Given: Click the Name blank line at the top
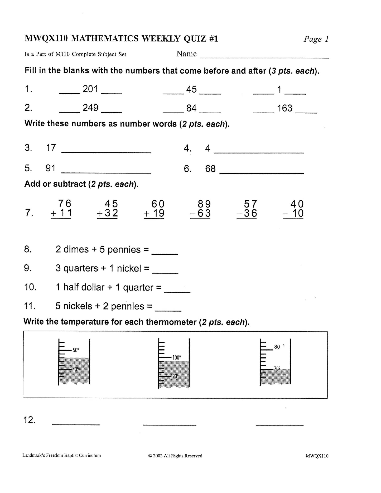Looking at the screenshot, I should tap(265, 57).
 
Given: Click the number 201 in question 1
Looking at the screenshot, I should tap(90, 89).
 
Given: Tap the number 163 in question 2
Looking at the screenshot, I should tap(285, 108).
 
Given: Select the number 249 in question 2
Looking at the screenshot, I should tap(90, 108).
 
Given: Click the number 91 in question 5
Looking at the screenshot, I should tap(50, 168).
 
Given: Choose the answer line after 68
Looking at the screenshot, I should tap(262, 173).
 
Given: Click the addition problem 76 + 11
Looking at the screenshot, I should tap(61, 209).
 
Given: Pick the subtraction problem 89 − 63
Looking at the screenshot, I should tap(201, 209).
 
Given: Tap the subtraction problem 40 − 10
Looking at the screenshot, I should tap(293, 209).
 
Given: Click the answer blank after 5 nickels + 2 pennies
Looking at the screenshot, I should tap(168, 310).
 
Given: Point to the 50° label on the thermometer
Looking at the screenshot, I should tap(76, 350).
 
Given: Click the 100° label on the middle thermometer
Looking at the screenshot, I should tap(177, 357).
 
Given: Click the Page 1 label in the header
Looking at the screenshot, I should tap(316, 39).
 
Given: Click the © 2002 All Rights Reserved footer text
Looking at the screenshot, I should tap(175, 456).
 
